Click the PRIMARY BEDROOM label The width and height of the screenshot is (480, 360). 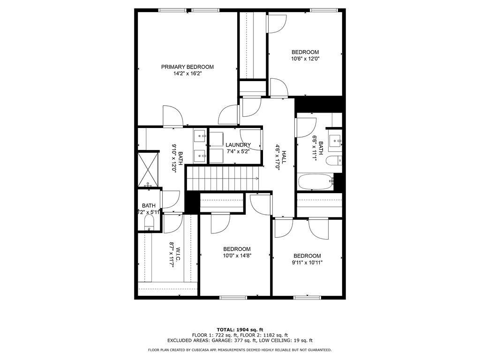click(x=187, y=67)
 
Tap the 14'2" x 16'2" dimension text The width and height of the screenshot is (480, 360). click(x=187, y=74)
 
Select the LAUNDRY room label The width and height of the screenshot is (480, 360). click(x=238, y=145)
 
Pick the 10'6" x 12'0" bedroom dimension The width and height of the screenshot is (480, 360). click(x=305, y=59)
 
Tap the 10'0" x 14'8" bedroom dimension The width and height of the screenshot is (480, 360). click(x=236, y=256)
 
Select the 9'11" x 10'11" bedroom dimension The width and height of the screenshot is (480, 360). click(x=307, y=262)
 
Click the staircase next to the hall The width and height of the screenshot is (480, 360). click(x=222, y=179)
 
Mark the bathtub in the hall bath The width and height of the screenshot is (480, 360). click(x=315, y=181)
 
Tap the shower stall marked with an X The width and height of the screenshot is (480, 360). click(x=148, y=169)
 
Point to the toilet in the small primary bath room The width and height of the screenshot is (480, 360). click(x=150, y=222)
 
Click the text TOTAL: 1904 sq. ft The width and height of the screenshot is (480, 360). click(x=240, y=329)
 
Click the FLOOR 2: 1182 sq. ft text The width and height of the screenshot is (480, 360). click(x=264, y=335)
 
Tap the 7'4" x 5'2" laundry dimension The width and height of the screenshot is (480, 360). click(x=238, y=152)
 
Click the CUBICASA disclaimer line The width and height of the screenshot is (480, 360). click(x=240, y=350)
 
